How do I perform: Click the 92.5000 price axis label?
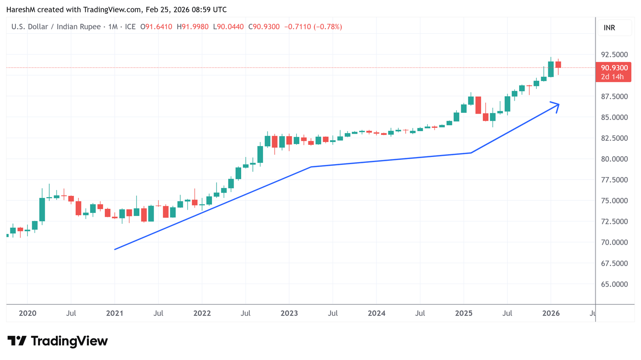tap(614, 55)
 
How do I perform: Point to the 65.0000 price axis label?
tap(614, 284)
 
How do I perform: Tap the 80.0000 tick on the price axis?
tap(614, 159)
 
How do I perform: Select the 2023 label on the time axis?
tap(289, 313)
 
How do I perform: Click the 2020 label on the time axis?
tap(28, 313)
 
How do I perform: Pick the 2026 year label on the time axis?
tap(551, 313)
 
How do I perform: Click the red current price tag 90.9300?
tap(614, 68)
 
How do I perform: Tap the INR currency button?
tap(609, 28)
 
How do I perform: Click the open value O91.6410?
tap(156, 27)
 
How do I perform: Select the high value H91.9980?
tap(192, 27)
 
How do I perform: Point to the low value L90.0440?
tap(228, 27)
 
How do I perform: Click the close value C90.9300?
tap(264, 27)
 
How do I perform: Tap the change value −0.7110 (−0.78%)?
tap(313, 27)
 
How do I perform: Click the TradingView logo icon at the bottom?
tap(17, 341)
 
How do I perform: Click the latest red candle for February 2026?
tap(558, 65)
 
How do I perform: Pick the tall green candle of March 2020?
tap(42, 209)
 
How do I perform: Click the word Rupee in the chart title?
tap(89, 27)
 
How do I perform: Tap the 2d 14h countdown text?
tap(612, 77)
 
